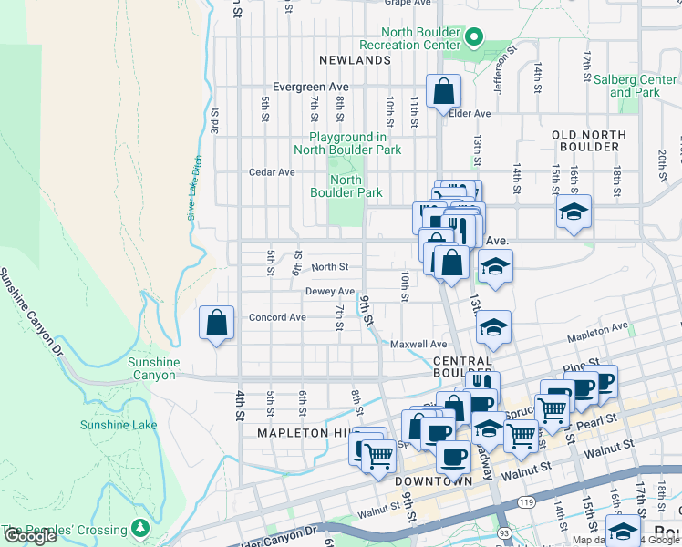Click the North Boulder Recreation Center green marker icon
point(474,37)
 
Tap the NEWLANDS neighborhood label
point(355,60)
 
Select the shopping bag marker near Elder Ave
point(443,91)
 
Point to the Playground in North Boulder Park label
point(347,143)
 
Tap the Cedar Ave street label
point(272,171)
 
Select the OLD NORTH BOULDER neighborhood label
point(589,140)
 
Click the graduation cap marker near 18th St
point(573,212)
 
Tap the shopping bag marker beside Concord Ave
point(216,323)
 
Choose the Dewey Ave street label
point(330,292)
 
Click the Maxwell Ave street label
point(418,345)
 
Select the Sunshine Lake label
point(119,425)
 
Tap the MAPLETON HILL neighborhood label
point(304,432)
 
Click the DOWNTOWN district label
point(433,480)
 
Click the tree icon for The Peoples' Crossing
point(140,529)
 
